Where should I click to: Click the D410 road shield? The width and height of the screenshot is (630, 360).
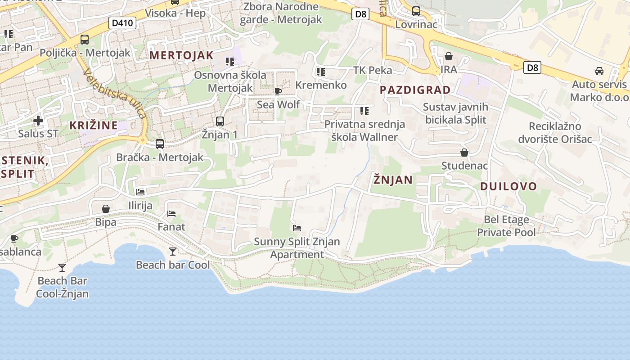[122, 23]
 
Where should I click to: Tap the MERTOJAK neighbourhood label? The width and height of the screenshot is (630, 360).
[181, 55]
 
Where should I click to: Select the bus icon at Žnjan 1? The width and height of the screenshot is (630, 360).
[220, 121]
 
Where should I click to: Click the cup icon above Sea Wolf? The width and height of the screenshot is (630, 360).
[278, 92]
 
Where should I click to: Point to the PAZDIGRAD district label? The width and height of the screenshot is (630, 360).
[415, 90]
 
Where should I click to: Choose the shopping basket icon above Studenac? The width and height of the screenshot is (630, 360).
[464, 153]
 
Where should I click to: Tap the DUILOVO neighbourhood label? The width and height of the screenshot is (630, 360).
[508, 186]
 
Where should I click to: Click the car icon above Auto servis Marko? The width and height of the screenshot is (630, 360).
[599, 71]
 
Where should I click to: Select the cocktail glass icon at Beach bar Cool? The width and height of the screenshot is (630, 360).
[172, 252]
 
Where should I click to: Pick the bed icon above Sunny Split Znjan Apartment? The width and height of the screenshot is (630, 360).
[297, 228]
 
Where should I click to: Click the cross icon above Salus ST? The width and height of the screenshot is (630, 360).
[38, 121]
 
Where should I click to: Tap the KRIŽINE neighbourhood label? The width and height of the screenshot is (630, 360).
[94, 126]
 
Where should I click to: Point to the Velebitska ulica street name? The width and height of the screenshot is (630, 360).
[114, 94]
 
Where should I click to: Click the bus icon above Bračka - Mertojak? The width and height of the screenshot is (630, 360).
[160, 144]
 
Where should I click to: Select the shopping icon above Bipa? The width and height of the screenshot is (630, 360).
[106, 209]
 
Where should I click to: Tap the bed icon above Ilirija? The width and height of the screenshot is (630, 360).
[140, 192]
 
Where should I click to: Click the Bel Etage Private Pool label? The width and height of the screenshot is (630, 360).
[506, 226]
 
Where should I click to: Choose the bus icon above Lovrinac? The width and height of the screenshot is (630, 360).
[416, 11]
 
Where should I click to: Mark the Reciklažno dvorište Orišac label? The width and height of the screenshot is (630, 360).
[555, 132]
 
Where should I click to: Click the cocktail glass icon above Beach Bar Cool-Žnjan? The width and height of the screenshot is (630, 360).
[62, 268]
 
